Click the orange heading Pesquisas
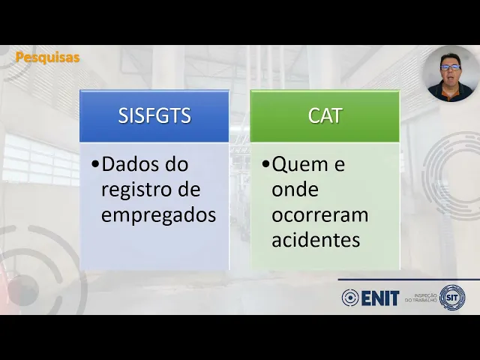point(47,57)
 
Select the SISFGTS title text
point(154,115)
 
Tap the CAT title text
point(325,115)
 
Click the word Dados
point(130,164)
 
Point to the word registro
point(138,190)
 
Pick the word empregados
point(158,215)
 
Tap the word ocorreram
point(320,215)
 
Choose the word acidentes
point(316,240)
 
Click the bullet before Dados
point(95,165)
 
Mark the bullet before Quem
point(265,165)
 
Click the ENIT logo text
point(380,298)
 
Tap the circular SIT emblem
point(452,297)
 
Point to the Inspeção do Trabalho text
point(421,298)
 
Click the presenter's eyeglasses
point(450,67)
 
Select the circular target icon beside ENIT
point(350,298)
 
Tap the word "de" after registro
point(189,190)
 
